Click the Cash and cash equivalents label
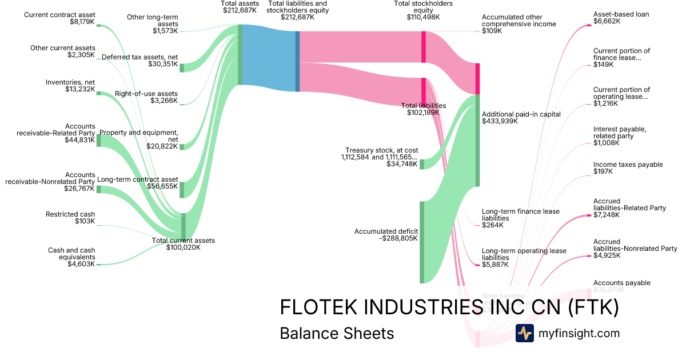click(x=71, y=257)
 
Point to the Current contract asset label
click(x=59, y=18)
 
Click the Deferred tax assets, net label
click(x=139, y=60)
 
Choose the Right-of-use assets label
click(x=146, y=97)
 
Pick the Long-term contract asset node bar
click(x=182, y=190)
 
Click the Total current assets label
click(x=184, y=244)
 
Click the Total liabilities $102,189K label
click(x=423, y=109)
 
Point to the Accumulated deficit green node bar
click(x=422, y=242)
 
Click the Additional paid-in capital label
click(x=521, y=118)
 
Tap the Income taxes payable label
click(x=620, y=168)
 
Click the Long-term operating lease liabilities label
click(x=524, y=254)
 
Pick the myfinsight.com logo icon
click(x=524, y=333)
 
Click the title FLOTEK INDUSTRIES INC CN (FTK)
click(x=449, y=307)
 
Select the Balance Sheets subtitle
click(x=337, y=333)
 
